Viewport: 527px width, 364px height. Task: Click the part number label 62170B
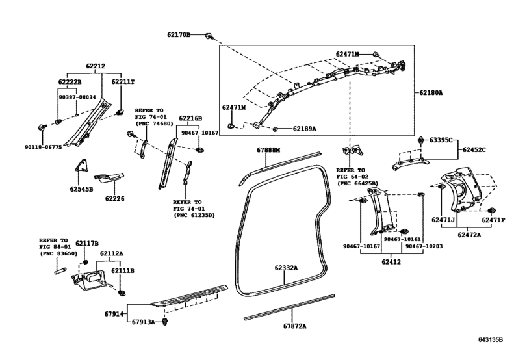coord(179,34)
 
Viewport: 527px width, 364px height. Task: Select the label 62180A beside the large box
coord(431,92)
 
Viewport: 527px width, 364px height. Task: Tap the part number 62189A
coord(305,129)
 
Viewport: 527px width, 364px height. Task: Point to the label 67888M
coord(268,150)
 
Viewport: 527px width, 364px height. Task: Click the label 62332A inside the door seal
coord(286,268)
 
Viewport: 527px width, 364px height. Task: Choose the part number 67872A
coord(295,326)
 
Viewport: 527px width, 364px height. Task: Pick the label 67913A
coord(143,322)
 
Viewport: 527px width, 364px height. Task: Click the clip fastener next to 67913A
coord(164,322)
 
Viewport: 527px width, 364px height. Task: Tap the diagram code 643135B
coord(491,339)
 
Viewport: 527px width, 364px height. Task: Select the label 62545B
coord(81,189)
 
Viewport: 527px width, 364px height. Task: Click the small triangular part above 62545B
coord(82,165)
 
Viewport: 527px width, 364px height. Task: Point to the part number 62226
coord(114,199)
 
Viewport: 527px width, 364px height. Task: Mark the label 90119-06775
coord(44,147)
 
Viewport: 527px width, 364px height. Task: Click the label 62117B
coord(87,243)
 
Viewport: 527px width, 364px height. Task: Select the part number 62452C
coord(474,150)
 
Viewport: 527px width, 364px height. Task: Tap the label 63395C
coord(441,140)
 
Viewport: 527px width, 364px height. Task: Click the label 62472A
coord(469,235)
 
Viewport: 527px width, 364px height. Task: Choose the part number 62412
coord(391,262)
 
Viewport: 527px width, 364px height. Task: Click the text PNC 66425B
coord(359,183)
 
